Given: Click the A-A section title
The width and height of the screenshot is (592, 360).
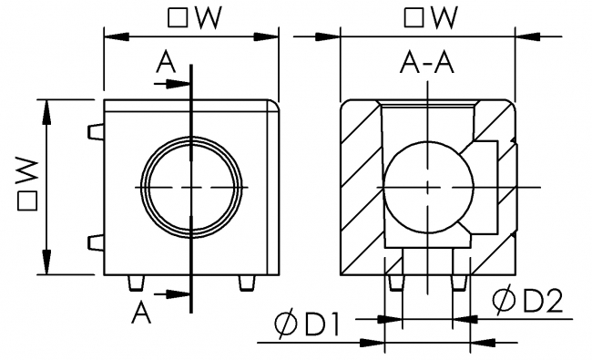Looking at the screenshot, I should coord(427,62).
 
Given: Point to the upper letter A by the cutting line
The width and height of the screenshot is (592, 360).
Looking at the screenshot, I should coord(164,61).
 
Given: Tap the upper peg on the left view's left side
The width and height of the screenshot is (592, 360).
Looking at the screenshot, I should coord(96,133).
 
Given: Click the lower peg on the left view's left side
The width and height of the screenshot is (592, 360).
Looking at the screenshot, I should coord(96,242).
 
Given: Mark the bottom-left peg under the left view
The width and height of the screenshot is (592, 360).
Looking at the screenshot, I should coord(136,283).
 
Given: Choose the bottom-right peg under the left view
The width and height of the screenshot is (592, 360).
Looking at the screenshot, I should coord(245,283).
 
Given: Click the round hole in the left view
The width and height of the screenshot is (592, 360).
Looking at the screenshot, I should coord(192,186).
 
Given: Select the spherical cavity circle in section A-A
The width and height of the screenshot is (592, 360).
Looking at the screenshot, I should coord(422,187).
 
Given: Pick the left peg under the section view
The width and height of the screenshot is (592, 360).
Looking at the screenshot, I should coord(395,283).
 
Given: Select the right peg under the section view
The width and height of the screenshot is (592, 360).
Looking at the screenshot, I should coord(458,283).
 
